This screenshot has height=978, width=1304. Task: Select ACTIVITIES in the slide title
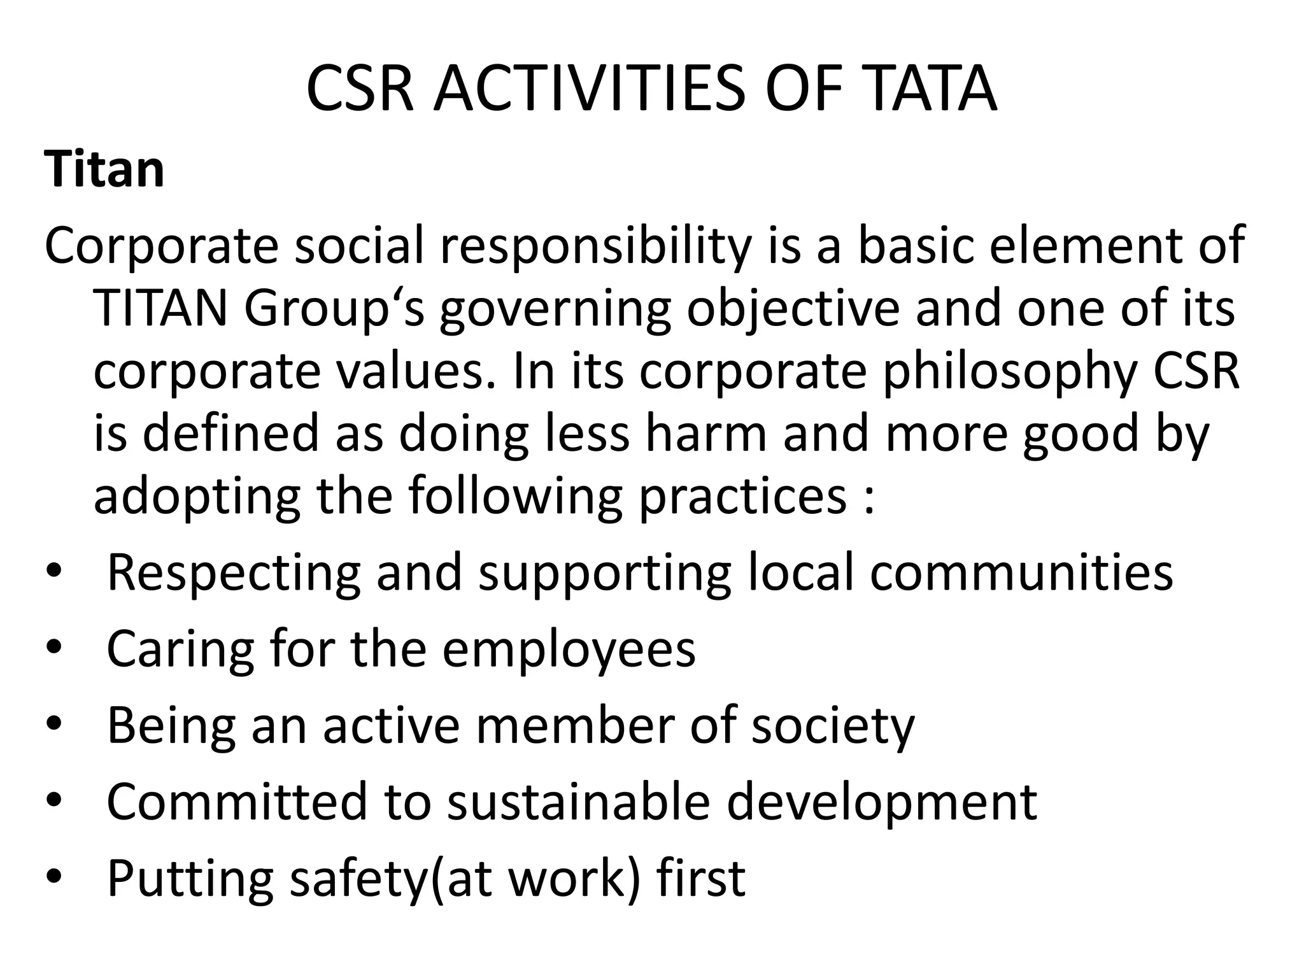[588, 89]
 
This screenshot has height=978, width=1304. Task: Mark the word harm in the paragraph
[706, 433]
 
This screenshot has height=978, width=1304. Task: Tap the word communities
[1021, 572]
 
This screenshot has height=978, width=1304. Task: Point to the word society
[832, 726]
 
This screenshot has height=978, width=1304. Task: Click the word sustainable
[578, 801]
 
